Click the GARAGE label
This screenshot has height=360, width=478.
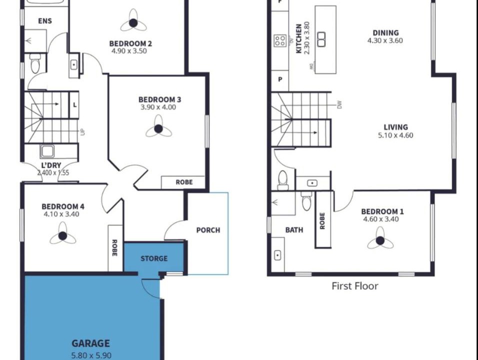(x=90, y=343)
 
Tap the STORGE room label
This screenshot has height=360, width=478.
(x=154, y=259)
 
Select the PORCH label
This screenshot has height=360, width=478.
(x=208, y=230)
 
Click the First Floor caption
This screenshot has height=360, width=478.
(x=355, y=286)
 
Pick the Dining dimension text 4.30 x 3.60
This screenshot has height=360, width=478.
(x=385, y=40)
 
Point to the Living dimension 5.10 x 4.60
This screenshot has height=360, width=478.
(x=395, y=135)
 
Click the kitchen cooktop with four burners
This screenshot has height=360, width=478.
(x=280, y=40)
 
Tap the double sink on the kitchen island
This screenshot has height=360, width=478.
(x=321, y=39)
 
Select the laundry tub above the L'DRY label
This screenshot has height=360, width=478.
(x=47, y=151)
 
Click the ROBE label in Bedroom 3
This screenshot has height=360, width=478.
(x=184, y=182)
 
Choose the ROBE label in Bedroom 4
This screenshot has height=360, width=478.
(x=114, y=248)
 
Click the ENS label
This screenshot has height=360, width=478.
(x=45, y=21)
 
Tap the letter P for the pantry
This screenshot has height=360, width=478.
(x=280, y=79)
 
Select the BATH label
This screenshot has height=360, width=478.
(x=294, y=230)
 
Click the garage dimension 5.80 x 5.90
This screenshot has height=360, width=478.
(x=91, y=355)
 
